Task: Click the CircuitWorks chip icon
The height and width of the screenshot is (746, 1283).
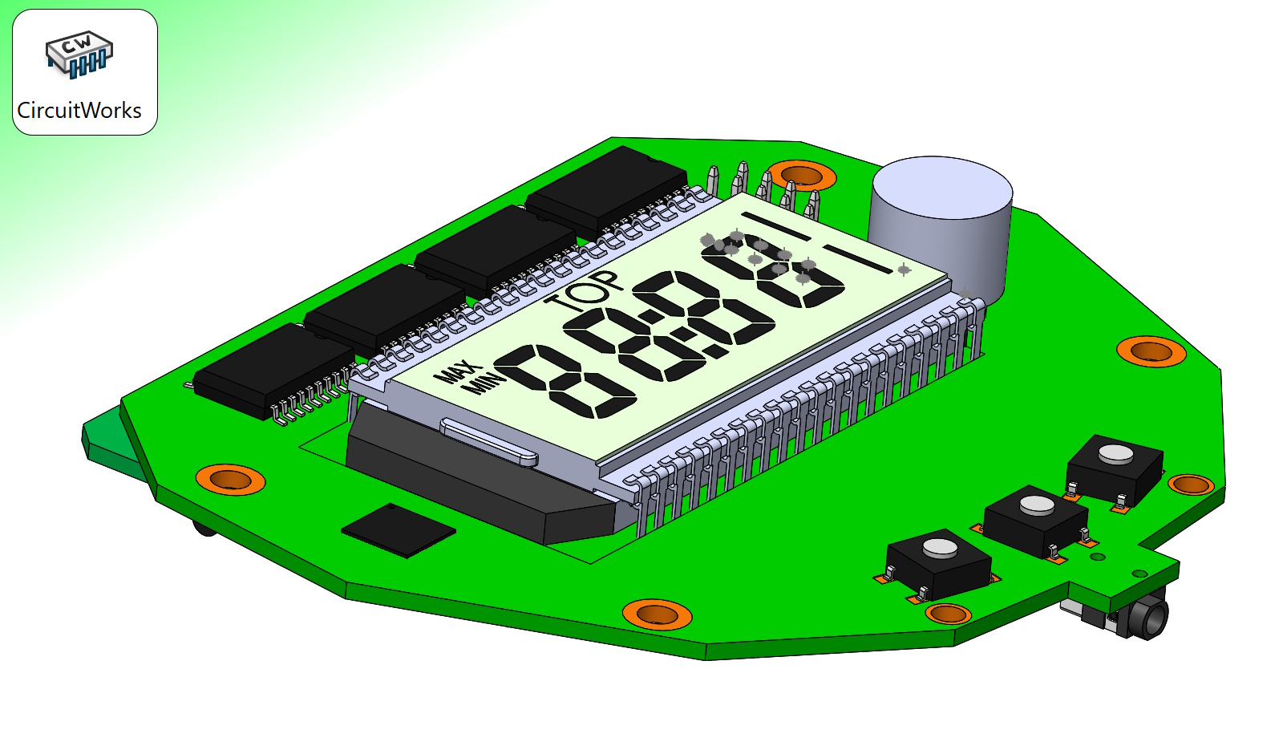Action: click(x=79, y=55)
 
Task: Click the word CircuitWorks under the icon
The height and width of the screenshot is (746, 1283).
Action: click(x=79, y=111)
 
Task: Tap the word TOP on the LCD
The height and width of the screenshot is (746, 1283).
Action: click(x=584, y=291)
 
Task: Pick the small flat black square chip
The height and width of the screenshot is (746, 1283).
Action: click(x=399, y=529)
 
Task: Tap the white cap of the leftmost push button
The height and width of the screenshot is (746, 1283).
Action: click(x=939, y=549)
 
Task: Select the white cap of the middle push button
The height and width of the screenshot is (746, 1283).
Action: click(x=1036, y=505)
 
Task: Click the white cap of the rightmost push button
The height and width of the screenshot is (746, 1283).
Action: click(x=1115, y=455)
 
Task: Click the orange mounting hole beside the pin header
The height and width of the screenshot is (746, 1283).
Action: click(x=801, y=175)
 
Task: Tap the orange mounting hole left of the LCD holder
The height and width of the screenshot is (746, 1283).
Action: click(x=230, y=479)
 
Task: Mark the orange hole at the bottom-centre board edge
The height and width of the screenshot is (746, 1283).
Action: click(x=657, y=614)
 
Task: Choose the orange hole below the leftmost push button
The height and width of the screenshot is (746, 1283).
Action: click(x=948, y=614)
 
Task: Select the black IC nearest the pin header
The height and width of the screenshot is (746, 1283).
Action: click(x=607, y=187)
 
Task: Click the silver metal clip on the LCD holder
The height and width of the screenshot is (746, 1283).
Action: click(x=488, y=441)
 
